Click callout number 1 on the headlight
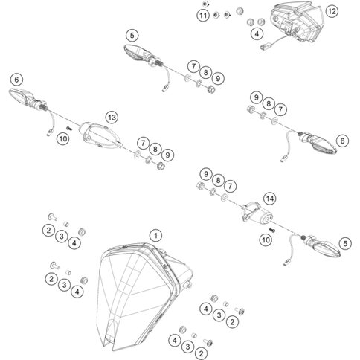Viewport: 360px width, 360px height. (155, 235)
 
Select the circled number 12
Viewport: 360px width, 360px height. (331, 12)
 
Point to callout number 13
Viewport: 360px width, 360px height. (112, 118)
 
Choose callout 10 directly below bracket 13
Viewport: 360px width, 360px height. (63, 138)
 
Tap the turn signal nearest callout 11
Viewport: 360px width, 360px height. (140, 53)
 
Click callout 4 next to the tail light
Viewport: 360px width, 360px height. (257, 34)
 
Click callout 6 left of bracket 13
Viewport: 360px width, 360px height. (15, 77)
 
